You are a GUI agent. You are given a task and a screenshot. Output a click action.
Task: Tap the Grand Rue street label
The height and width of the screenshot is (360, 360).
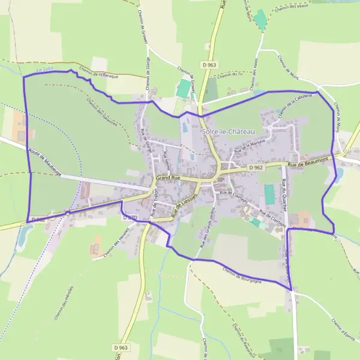(168, 179)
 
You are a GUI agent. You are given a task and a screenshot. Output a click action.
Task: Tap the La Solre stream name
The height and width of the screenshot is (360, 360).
(44, 70)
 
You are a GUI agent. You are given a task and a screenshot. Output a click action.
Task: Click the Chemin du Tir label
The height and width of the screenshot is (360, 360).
(231, 75)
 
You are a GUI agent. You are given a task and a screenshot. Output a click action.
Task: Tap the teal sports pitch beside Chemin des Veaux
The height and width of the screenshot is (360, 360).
(260, 20)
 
